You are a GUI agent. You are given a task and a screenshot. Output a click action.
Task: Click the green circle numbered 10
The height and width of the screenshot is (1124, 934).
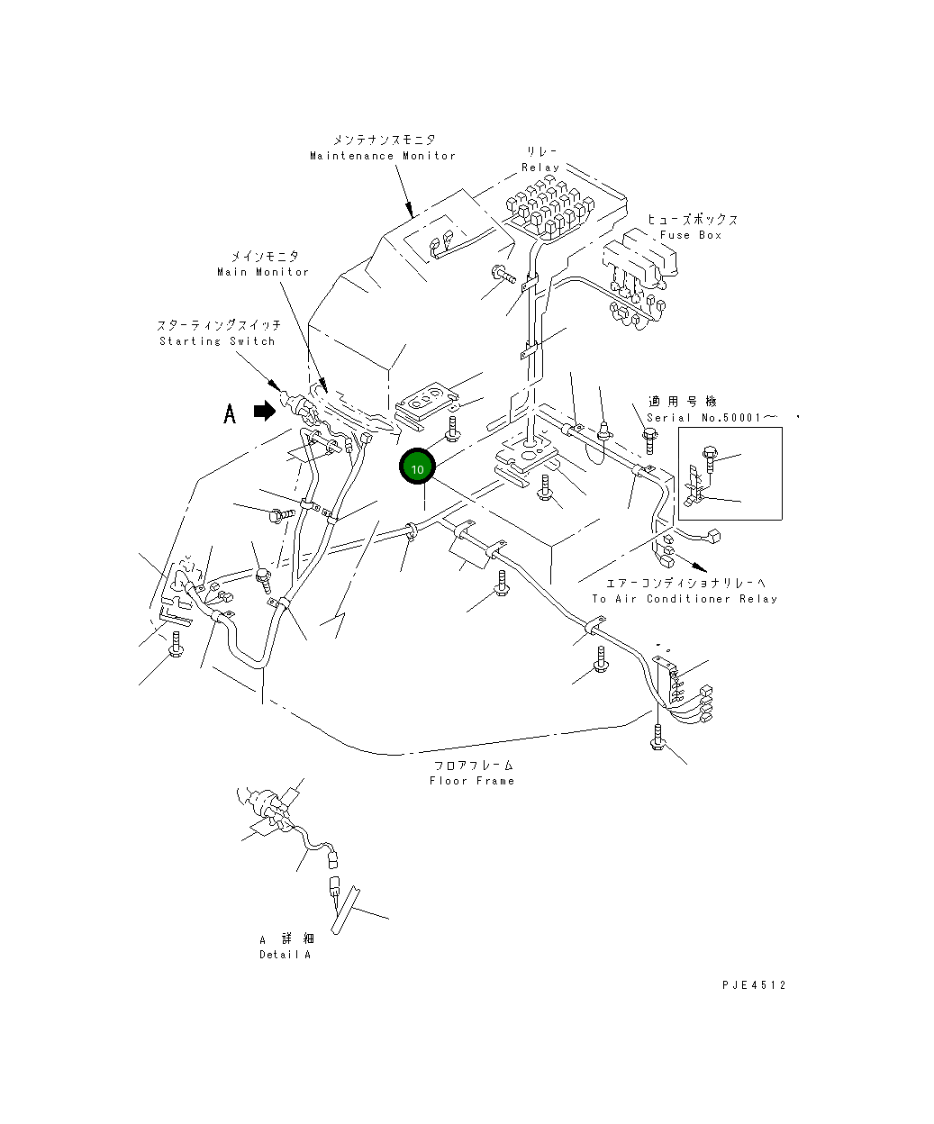click(417, 467)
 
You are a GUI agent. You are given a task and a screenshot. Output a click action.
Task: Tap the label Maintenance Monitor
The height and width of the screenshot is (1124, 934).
click(383, 156)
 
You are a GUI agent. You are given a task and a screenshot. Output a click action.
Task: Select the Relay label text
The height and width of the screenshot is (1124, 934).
click(540, 168)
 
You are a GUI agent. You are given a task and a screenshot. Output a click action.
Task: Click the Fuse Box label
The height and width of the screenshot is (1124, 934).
click(691, 235)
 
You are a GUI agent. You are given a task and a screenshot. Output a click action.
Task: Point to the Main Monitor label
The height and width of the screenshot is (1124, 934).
click(263, 272)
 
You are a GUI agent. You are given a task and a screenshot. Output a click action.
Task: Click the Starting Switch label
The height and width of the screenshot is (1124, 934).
click(217, 341)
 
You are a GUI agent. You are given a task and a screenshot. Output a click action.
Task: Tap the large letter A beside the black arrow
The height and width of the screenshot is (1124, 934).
click(230, 413)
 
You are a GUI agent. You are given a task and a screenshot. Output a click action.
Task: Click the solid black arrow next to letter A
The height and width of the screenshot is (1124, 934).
click(265, 411)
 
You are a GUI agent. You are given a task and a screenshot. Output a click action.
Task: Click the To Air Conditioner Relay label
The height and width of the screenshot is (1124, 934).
click(685, 599)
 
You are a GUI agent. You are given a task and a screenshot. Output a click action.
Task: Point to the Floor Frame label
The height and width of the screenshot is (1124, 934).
click(472, 781)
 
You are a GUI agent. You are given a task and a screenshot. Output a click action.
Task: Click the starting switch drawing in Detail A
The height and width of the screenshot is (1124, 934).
click(267, 806)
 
